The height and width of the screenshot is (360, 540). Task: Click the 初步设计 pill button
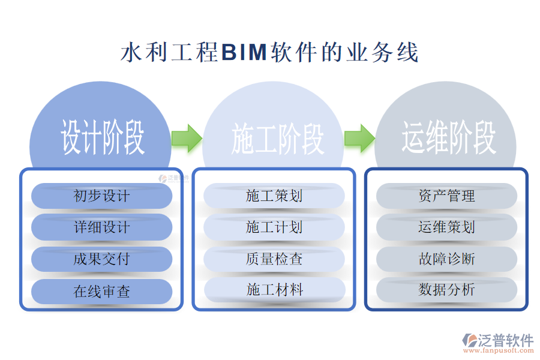(x=101, y=196)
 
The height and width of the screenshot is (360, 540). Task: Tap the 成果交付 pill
(x=101, y=259)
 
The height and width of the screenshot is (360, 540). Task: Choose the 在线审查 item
(x=101, y=292)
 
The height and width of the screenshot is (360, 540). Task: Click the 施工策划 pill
(x=274, y=196)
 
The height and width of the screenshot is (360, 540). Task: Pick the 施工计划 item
(x=274, y=227)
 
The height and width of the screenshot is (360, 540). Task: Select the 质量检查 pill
(x=274, y=259)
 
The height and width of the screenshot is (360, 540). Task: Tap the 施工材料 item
(x=274, y=290)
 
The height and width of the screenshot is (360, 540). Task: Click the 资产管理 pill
(x=446, y=196)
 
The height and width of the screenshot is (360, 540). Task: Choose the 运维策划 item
(x=446, y=227)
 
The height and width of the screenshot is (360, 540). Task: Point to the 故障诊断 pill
(x=446, y=259)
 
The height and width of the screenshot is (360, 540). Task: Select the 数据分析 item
(x=446, y=290)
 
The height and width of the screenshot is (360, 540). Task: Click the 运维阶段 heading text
(x=449, y=138)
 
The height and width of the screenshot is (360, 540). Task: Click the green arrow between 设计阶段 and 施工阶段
(x=187, y=139)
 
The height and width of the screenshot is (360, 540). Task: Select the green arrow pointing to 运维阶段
(x=359, y=139)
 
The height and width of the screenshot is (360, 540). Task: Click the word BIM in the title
(x=244, y=53)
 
